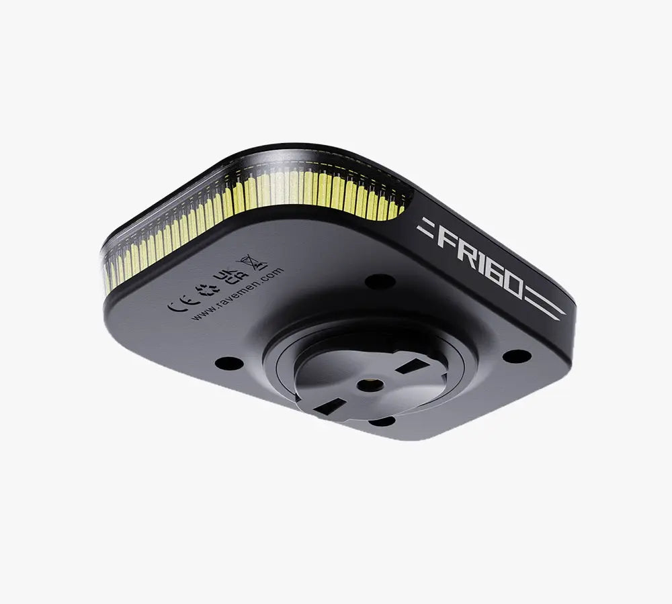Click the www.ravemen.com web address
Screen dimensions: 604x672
[x=237, y=295]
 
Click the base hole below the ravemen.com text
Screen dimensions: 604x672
[x=226, y=363]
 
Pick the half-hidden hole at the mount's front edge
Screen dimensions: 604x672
[x=382, y=421]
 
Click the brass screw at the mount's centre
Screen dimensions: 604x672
[x=368, y=385]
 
